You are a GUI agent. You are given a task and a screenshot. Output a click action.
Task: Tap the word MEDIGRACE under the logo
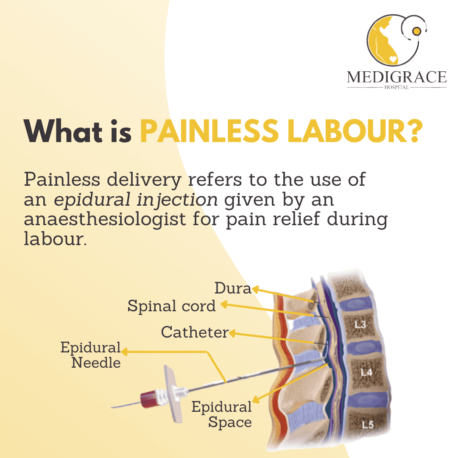coord(397,77)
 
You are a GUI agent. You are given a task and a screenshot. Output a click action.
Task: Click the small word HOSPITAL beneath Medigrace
coord(397,87)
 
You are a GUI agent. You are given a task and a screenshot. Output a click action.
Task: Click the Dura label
coord(233,288)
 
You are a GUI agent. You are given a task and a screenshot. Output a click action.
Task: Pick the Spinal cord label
coord(171,306)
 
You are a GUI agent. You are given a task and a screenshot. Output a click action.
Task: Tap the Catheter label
coord(195,332)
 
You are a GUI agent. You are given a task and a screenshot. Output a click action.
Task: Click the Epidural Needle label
coord(91,355)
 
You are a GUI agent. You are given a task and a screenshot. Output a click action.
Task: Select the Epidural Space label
coord(221,414)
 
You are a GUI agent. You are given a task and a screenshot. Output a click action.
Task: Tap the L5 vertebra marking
coord(367,424)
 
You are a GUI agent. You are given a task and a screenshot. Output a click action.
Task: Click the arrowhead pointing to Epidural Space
coord(255,399)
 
